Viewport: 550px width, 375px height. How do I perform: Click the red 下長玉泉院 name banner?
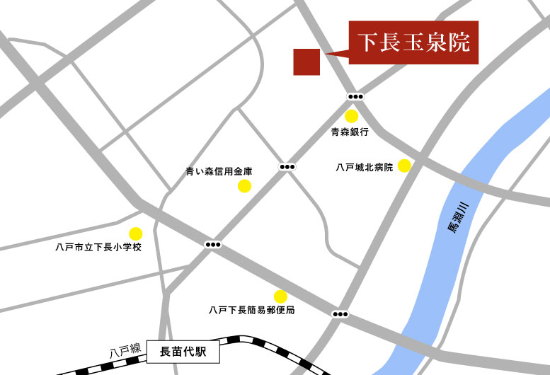click(413, 42)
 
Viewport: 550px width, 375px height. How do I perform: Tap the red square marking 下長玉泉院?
click(306, 62)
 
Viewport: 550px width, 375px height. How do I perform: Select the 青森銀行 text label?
click(350, 132)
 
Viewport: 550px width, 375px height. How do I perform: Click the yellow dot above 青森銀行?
click(351, 116)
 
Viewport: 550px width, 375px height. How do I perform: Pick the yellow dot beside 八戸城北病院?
click(404, 166)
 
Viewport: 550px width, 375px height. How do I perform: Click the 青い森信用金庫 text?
click(219, 171)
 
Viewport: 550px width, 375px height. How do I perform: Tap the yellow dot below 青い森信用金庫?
click(244, 186)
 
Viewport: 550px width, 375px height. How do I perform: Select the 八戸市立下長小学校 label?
click(99, 247)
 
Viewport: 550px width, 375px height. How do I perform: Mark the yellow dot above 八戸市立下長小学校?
click(135, 233)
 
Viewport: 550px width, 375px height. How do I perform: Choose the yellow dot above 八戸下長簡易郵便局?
click(280, 296)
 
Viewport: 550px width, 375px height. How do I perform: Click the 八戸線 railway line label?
click(125, 350)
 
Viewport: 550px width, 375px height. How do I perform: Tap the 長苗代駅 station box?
click(181, 350)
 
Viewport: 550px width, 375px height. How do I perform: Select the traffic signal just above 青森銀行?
click(355, 96)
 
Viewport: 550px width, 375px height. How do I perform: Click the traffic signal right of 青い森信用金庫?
click(287, 167)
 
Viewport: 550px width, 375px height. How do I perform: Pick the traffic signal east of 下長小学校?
click(212, 244)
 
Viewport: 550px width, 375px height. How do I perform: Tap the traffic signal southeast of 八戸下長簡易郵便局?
click(340, 314)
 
